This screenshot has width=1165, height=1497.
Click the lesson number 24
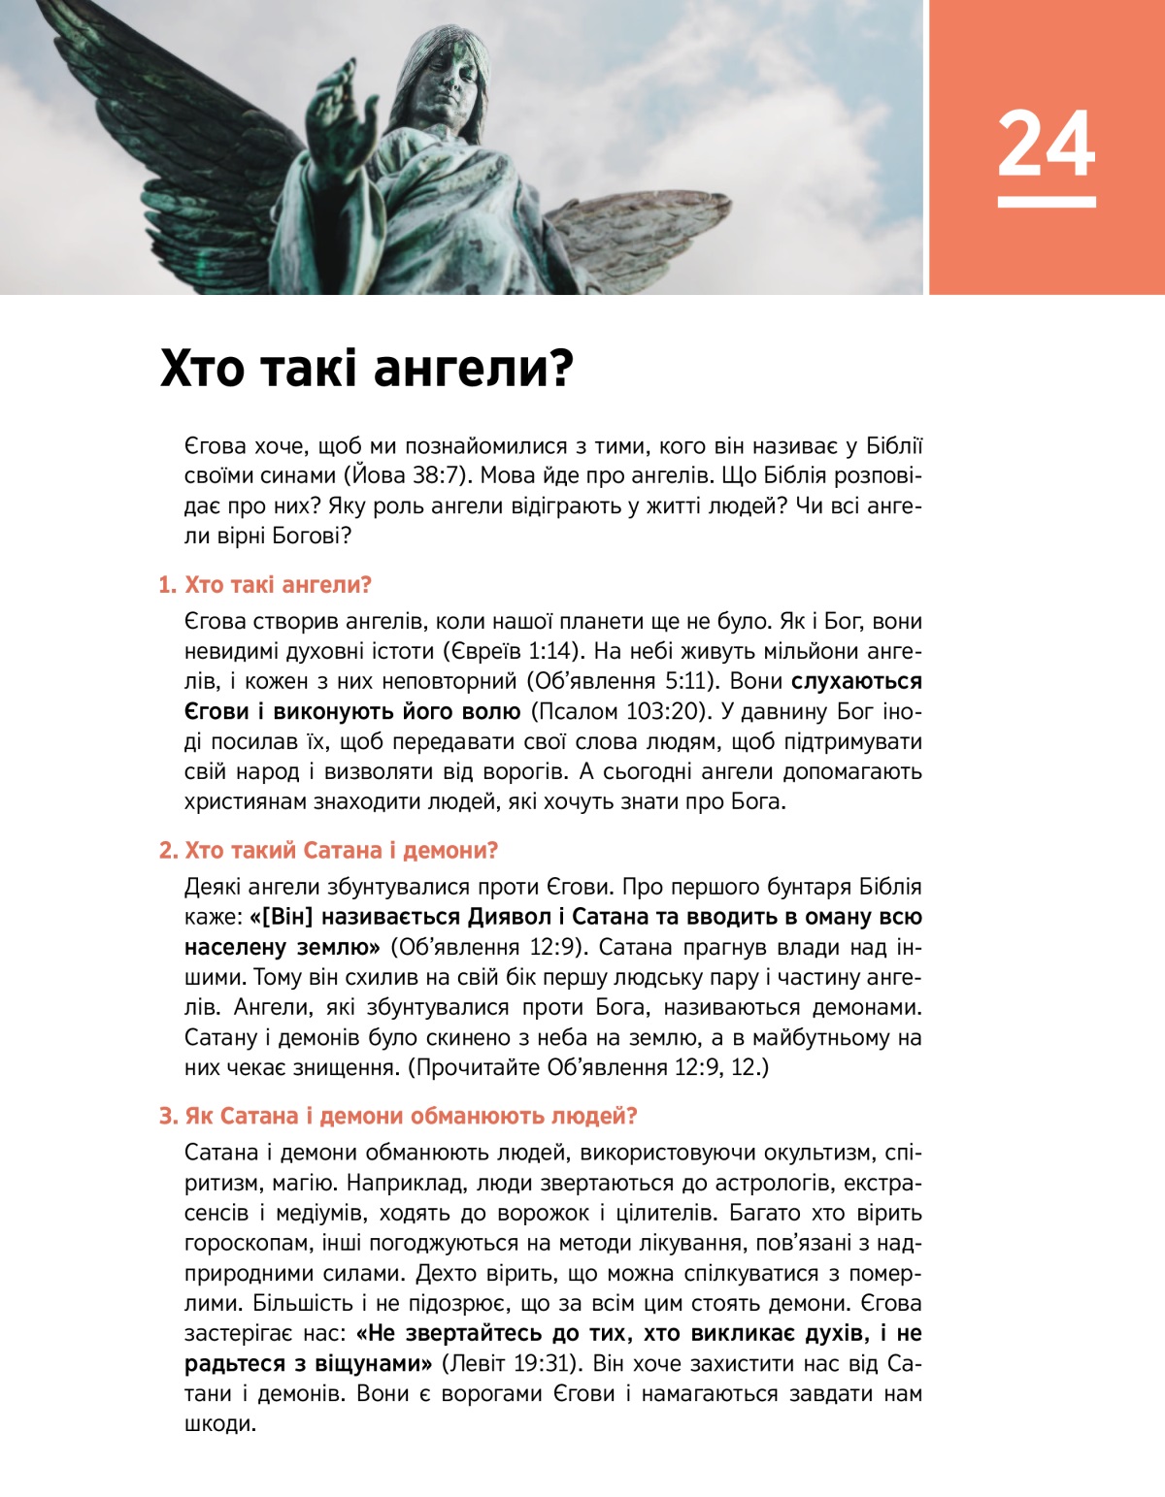pyautogui.click(x=1046, y=144)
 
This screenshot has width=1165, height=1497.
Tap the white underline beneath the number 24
pyautogui.click(x=1046, y=202)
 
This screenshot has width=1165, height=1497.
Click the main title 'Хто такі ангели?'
pyautogui.click(x=367, y=369)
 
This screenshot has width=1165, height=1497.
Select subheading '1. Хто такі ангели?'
pyautogui.click(x=265, y=585)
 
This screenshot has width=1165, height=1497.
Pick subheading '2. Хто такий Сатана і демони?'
pyautogui.click(x=328, y=851)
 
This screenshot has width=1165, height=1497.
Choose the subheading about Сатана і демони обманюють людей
pyautogui.click(x=398, y=1117)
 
